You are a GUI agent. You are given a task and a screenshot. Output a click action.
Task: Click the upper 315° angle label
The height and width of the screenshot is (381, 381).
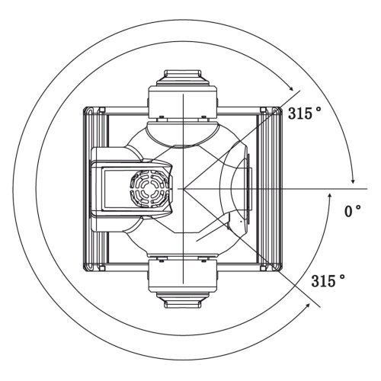coord(304,113)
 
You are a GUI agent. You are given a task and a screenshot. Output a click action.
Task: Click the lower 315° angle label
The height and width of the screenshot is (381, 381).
coord(328,280)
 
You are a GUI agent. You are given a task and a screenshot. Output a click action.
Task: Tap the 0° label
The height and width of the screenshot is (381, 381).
coord(353,211)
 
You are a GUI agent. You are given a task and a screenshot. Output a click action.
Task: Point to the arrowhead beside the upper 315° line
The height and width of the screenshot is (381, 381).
coord(290,88)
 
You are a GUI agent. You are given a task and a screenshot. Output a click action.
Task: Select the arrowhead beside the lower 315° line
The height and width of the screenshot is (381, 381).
coord(307,306)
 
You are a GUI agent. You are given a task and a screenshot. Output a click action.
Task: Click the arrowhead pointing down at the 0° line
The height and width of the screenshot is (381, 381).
coord(353,181)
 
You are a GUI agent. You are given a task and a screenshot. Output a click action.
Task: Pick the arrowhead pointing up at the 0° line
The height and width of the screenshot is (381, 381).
coord(330,196)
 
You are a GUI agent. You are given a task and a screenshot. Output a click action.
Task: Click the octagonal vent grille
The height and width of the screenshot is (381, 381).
coord(149,189)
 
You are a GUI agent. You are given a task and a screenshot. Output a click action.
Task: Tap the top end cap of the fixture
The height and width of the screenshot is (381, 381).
coord(183,75)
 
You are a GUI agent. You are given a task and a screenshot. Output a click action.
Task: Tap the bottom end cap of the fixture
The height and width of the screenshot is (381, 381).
coord(183,300)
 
